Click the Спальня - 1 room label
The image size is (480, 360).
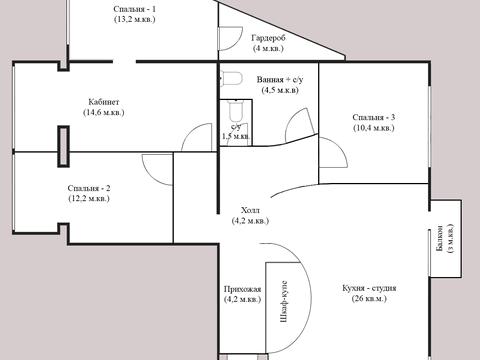[134, 9]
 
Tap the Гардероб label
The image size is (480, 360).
[268, 38]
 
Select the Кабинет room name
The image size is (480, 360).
[104, 102]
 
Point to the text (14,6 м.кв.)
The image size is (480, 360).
[104, 112]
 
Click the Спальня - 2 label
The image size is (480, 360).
[89, 188]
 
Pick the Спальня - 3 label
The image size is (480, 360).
[374, 117]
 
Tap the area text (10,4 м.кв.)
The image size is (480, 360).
[374, 128]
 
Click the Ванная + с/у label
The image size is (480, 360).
[280, 80]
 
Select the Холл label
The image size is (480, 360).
[250, 210]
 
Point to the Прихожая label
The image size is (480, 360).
[242, 289]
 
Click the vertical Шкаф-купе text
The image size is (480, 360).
[284, 302]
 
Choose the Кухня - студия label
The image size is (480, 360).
[369, 288]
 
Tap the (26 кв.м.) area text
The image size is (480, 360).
[369, 299]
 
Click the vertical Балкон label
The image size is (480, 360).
[439, 239]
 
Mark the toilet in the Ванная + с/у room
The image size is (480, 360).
[232, 78]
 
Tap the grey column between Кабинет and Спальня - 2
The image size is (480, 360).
[63, 146]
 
